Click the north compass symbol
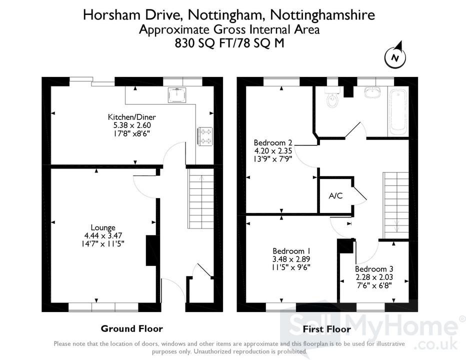(395, 56)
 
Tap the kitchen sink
(177, 95)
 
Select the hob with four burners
(205, 136)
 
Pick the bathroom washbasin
(372, 92)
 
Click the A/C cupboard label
(335, 195)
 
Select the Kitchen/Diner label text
(131, 117)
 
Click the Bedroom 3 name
(374, 269)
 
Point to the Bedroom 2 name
(273, 142)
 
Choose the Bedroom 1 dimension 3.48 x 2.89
(291, 259)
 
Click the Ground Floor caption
(132, 328)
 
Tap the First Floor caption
(327, 329)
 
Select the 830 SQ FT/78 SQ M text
(229, 43)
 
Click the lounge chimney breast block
(151, 250)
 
